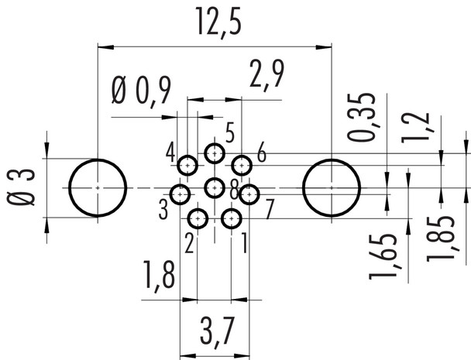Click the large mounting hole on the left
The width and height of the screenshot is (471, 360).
tap(98, 188)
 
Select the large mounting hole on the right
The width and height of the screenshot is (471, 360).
tap(332, 188)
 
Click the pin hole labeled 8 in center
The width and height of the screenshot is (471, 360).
tap(215, 187)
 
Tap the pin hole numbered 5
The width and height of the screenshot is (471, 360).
tap(215, 154)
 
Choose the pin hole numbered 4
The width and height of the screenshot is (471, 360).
tap(188, 165)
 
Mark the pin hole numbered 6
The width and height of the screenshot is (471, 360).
tap(242, 165)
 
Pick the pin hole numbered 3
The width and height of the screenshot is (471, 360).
tap(180, 194)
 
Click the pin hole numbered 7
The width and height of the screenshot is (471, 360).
tap(249, 194)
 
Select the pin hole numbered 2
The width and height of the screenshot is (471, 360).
tap(198, 219)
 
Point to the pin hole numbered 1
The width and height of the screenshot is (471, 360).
tap(231, 219)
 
